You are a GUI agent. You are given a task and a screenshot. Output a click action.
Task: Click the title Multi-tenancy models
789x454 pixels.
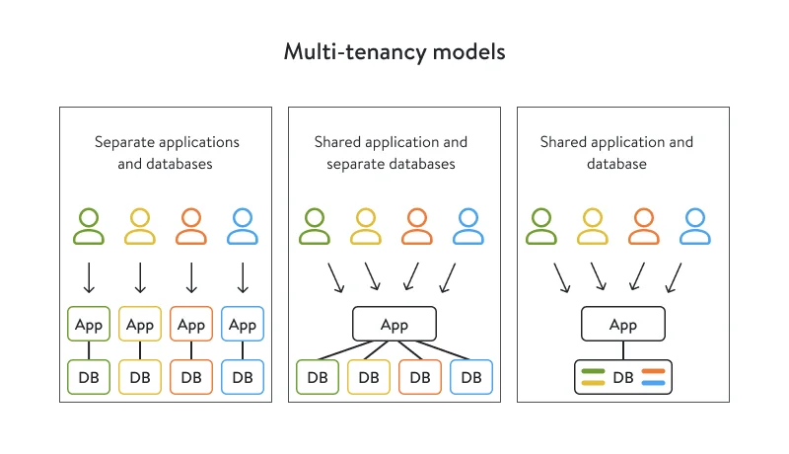pyautogui.click(x=394, y=51)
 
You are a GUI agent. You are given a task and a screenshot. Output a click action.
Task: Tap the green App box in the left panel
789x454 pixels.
pyautogui.click(x=89, y=325)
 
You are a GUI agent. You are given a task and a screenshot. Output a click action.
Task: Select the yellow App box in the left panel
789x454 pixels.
pyautogui.click(x=140, y=325)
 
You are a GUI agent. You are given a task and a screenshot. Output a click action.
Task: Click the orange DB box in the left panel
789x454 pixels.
pyautogui.click(x=191, y=377)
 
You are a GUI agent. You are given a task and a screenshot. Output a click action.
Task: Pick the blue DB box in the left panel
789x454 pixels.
pyautogui.click(x=243, y=377)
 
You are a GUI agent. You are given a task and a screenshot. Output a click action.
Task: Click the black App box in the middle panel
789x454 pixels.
pyautogui.click(x=394, y=325)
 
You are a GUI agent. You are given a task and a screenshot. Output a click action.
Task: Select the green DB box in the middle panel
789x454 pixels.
pyautogui.click(x=318, y=377)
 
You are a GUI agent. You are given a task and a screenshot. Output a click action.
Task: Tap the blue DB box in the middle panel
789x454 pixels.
pyautogui.click(x=471, y=377)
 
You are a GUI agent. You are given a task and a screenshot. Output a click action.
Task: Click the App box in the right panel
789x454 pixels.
pyautogui.click(x=623, y=325)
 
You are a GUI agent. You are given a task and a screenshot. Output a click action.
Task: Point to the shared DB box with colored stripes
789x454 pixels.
pyautogui.click(x=623, y=377)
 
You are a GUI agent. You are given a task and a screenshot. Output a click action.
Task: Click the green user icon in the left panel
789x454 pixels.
pyautogui.click(x=89, y=226)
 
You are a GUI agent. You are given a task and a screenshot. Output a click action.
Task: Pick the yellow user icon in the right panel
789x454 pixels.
pyautogui.click(x=592, y=226)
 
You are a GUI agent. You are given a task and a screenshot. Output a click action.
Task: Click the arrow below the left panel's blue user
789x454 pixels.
pyautogui.click(x=243, y=277)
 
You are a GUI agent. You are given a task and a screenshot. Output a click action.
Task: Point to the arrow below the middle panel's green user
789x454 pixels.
pyautogui.click(x=334, y=277)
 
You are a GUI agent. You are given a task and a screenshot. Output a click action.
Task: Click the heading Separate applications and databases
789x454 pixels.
pyautogui.click(x=166, y=152)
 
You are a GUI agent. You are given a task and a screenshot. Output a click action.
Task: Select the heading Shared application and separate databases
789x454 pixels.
pyautogui.click(x=392, y=152)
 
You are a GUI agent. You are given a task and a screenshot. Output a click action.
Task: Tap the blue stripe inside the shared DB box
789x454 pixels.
pyautogui.click(x=654, y=383)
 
